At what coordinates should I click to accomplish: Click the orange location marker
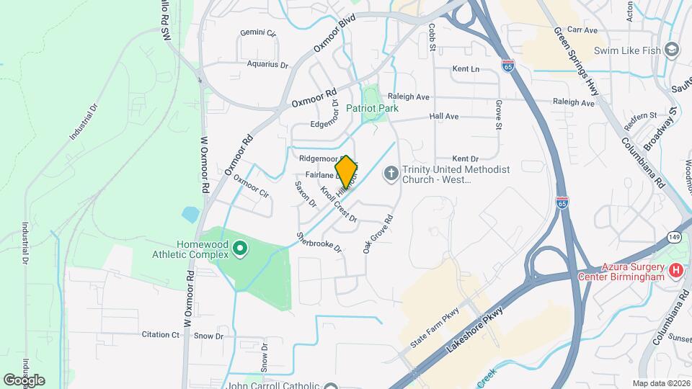(x=346, y=171)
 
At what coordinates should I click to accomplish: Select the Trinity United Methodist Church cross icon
(x=391, y=173)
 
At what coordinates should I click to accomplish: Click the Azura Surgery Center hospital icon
(x=675, y=270)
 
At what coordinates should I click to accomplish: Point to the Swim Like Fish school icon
(x=672, y=50)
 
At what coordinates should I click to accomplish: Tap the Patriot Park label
(x=372, y=108)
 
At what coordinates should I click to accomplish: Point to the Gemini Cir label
(x=259, y=33)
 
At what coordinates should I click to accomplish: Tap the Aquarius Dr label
(x=267, y=64)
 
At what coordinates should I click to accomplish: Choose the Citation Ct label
(x=160, y=335)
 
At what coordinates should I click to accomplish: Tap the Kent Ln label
(x=466, y=69)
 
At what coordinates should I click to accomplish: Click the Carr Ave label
(x=582, y=30)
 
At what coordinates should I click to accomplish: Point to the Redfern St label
(x=641, y=116)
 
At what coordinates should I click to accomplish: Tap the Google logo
(x=24, y=380)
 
